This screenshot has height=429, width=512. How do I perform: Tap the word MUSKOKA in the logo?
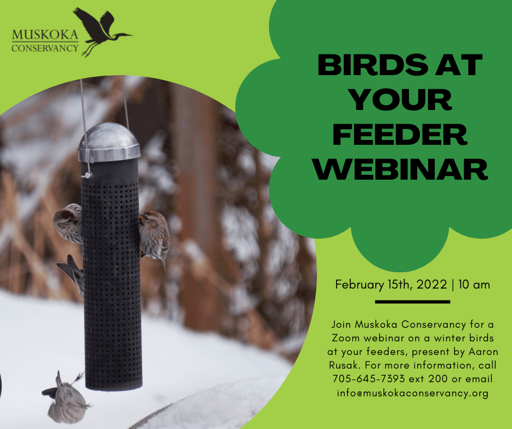pyautogui.click(x=45, y=36)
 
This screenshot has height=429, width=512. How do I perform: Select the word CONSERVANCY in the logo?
pyautogui.click(x=45, y=48)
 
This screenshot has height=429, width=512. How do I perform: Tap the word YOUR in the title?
pyautogui.click(x=400, y=100)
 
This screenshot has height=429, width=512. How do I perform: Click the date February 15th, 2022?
pyautogui.click(x=389, y=284)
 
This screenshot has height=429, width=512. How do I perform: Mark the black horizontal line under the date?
pyautogui.click(x=412, y=301)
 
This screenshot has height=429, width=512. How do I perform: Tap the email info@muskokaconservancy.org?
pyautogui.click(x=412, y=393)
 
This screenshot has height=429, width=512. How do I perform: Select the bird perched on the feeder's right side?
pyautogui.click(x=155, y=237)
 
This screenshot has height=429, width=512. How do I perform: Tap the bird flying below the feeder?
pyautogui.click(x=66, y=397)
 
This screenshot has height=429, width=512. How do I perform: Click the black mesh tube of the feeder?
pyautogui.click(x=112, y=272)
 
